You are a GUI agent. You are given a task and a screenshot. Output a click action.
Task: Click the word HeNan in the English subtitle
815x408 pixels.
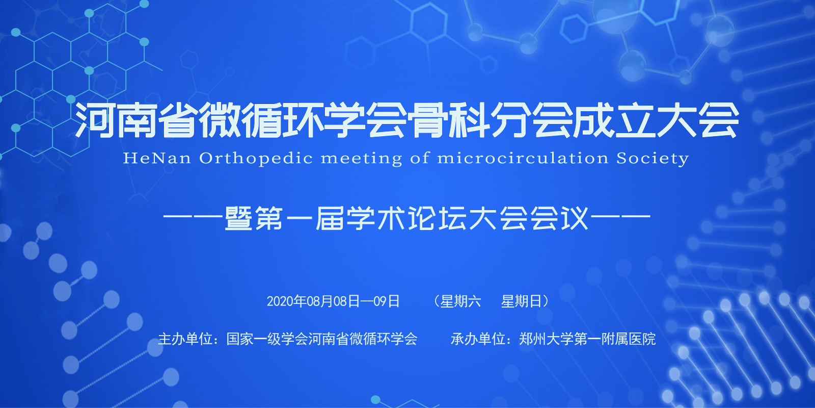157,158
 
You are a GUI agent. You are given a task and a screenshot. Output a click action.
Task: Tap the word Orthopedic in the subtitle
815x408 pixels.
256,159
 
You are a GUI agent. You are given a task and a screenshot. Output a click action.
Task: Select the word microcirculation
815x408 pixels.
523,158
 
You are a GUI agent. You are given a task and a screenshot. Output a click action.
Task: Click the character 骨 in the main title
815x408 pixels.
428,120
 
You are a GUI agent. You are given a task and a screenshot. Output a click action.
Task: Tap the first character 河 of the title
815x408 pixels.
95,120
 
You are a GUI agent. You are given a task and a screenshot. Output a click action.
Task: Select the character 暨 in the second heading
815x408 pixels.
239,218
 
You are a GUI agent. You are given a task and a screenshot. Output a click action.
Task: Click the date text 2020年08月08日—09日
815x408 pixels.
333,301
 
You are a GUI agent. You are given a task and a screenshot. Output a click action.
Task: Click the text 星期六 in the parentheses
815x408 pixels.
460,301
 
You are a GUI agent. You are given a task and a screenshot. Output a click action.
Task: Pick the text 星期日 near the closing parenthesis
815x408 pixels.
522,301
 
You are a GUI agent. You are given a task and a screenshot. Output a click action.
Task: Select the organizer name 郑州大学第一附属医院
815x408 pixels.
587,339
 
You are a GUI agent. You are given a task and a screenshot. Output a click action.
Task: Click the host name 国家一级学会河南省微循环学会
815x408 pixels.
321,339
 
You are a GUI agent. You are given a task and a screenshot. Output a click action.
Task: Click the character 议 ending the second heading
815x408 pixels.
575,218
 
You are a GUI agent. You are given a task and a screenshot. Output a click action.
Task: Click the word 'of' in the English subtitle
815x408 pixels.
420,158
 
